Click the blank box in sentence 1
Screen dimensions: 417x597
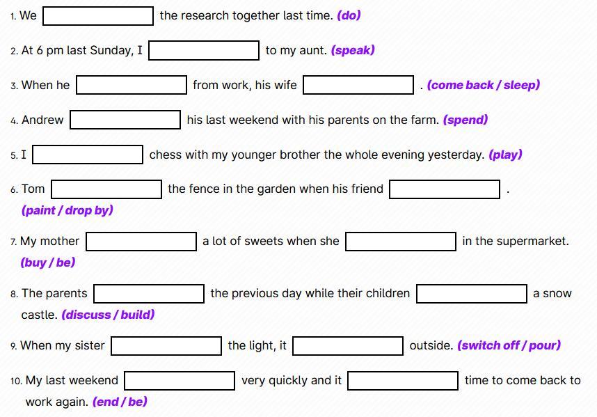[x=98, y=16]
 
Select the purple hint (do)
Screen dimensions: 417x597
[x=349, y=15]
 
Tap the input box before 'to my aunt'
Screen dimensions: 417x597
[x=204, y=50]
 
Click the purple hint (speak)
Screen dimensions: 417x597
[x=353, y=50]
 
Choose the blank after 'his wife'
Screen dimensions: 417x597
[x=358, y=85]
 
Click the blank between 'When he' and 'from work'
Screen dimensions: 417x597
[x=132, y=85]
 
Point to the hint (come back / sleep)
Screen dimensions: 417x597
[x=483, y=85]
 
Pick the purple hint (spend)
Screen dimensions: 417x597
[x=465, y=120]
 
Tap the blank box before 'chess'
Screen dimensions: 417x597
[x=88, y=155]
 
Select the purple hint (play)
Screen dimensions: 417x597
[x=505, y=155]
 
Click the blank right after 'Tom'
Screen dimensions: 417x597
[x=106, y=189]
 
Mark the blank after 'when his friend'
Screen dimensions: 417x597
[x=445, y=189]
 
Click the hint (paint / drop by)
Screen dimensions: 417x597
[x=67, y=210]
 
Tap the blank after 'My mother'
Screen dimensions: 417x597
[x=141, y=242]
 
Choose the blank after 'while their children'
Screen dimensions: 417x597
[x=471, y=293]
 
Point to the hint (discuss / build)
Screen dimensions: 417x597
[x=108, y=315]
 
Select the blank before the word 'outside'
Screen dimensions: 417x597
[x=347, y=345]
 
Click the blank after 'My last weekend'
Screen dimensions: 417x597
[x=180, y=381]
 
